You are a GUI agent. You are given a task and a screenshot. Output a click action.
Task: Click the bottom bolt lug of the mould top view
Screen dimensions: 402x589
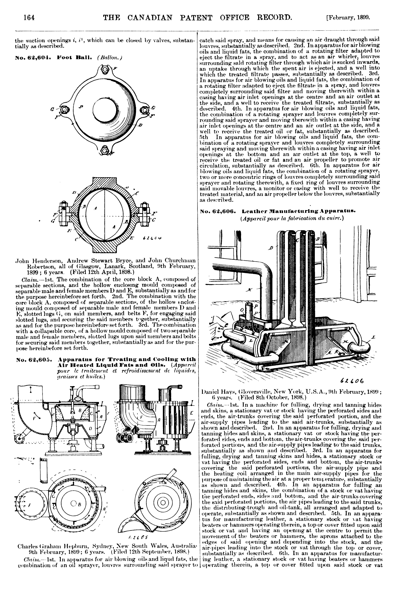[x=104, y=150]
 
